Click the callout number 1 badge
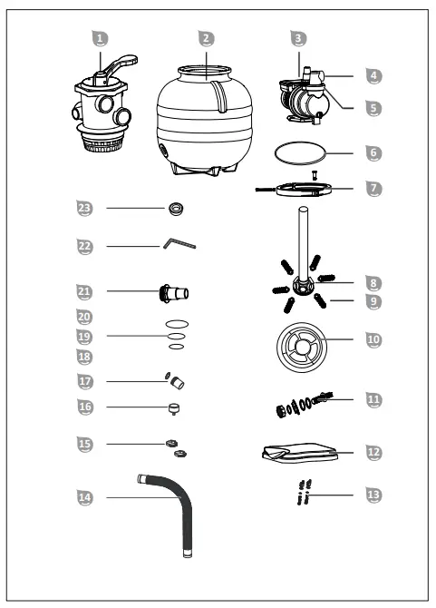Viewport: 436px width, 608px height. (x=102, y=38)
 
